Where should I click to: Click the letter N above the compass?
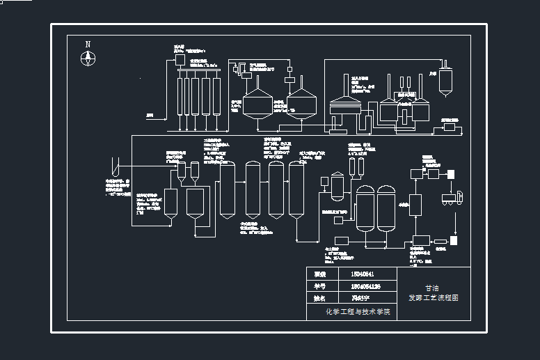pyautogui.click(x=88, y=44)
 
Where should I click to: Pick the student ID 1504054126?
pyautogui.click(x=366, y=286)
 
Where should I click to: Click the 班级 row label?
pyautogui.click(x=320, y=274)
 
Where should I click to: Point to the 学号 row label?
pyautogui.click(x=320, y=286)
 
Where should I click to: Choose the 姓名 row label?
pyautogui.click(x=320, y=299)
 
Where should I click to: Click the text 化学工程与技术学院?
pyautogui.click(x=358, y=312)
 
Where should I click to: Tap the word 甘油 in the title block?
pyautogui.click(x=432, y=287)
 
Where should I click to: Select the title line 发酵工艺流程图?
pyautogui.click(x=433, y=297)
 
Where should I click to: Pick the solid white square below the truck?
pyautogui.click(x=454, y=240)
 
